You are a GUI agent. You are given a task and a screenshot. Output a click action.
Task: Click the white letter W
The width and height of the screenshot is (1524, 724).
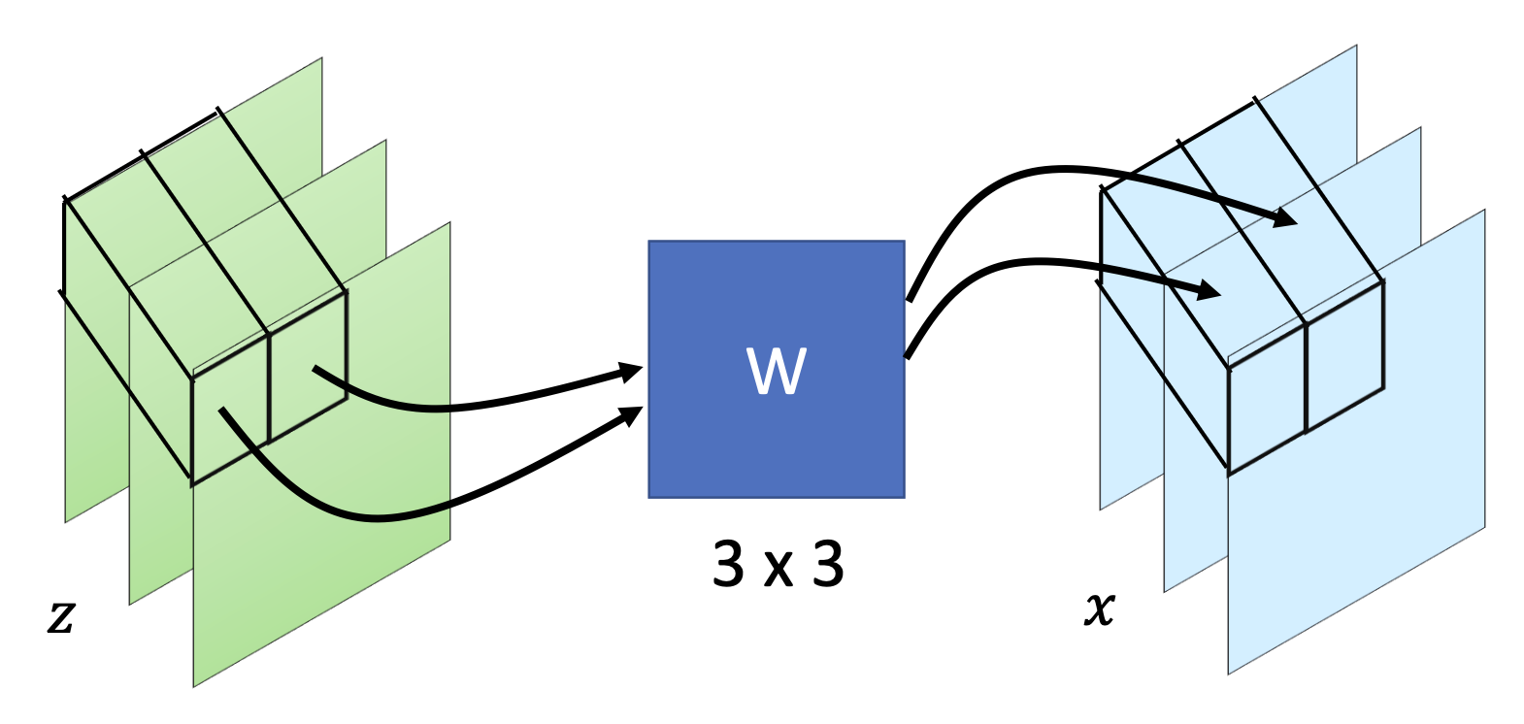click(x=776, y=371)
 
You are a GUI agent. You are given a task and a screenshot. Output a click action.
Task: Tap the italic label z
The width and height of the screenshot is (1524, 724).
click(x=60, y=615)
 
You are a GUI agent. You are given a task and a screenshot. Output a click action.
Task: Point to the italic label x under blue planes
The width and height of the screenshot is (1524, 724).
click(x=1099, y=609)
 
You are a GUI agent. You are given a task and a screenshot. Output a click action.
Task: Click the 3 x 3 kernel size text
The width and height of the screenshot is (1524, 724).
click(x=778, y=563)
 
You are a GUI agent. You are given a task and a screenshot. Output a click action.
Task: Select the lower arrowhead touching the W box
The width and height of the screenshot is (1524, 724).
click(x=632, y=415)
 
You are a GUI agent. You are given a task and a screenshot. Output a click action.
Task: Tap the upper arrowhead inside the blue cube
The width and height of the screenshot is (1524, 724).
click(x=1285, y=218)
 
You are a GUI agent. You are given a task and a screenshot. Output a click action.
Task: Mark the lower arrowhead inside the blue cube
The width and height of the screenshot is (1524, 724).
click(x=1209, y=289)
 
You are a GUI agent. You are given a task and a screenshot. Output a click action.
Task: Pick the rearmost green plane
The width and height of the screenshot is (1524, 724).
click(x=87, y=466)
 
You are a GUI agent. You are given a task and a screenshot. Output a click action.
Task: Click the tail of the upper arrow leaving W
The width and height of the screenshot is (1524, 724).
click(x=910, y=299)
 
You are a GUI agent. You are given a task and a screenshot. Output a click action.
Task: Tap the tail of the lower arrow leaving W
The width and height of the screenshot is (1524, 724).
click(x=908, y=356)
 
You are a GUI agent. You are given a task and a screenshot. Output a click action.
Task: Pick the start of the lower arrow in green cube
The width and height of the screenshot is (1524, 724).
click(x=222, y=411)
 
